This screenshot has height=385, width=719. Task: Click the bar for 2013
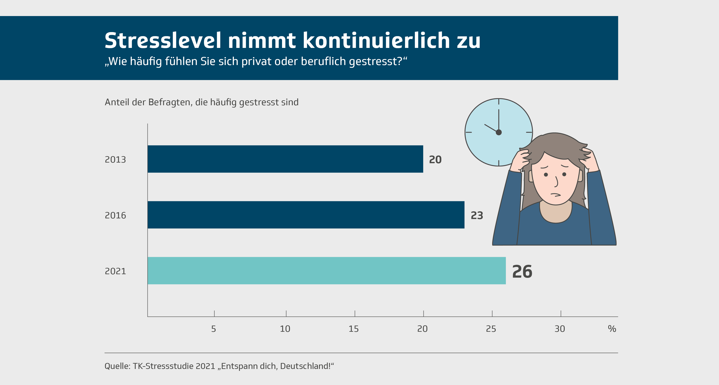(x=285, y=159)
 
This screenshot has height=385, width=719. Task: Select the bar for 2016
(x=306, y=215)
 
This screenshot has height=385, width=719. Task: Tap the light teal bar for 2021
(x=327, y=271)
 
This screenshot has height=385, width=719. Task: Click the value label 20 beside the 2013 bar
(x=435, y=160)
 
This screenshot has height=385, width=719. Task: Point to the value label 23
(x=477, y=215)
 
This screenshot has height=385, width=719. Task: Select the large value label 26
(x=522, y=272)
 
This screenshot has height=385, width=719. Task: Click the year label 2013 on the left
(x=115, y=160)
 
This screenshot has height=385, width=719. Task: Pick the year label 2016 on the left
(x=115, y=215)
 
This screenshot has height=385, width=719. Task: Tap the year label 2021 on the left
(x=115, y=271)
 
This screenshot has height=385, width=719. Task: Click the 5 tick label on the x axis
(x=214, y=329)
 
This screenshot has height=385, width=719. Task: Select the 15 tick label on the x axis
(x=354, y=329)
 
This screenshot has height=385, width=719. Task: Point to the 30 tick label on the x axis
(x=560, y=329)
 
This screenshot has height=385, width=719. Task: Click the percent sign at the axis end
(x=612, y=329)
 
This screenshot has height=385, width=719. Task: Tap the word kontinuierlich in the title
(x=376, y=41)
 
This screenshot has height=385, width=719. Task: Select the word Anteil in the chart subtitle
(x=117, y=102)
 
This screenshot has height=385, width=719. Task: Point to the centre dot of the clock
(x=499, y=132)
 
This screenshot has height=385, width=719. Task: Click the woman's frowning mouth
(x=556, y=194)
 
